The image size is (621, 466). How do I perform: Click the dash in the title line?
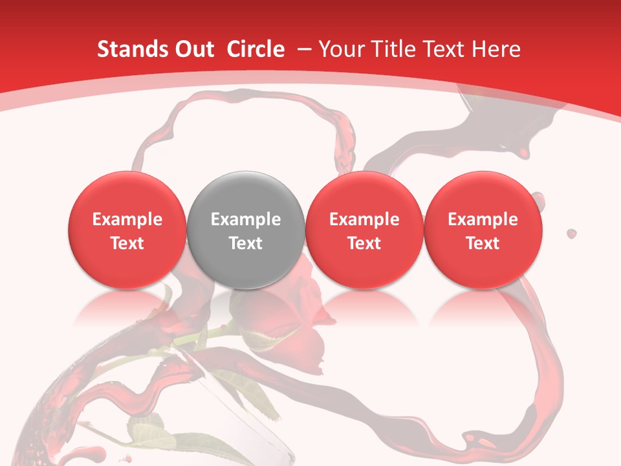click(x=304, y=49)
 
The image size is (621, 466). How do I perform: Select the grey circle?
click(x=246, y=230)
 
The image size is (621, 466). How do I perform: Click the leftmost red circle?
click(x=127, y=230)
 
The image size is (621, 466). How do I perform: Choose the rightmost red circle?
click(x=483, y=230)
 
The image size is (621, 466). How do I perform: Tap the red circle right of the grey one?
click(x=364, y=230)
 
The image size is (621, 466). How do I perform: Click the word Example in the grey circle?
click(x=246, y=219)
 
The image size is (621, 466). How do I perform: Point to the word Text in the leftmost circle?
click(x=127, y=243)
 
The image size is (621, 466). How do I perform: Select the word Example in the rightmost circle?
click(x=483, y=219)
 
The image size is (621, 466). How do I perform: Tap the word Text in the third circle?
click(x=364, y=243)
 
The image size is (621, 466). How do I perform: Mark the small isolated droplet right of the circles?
click(x=571, y=233)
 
